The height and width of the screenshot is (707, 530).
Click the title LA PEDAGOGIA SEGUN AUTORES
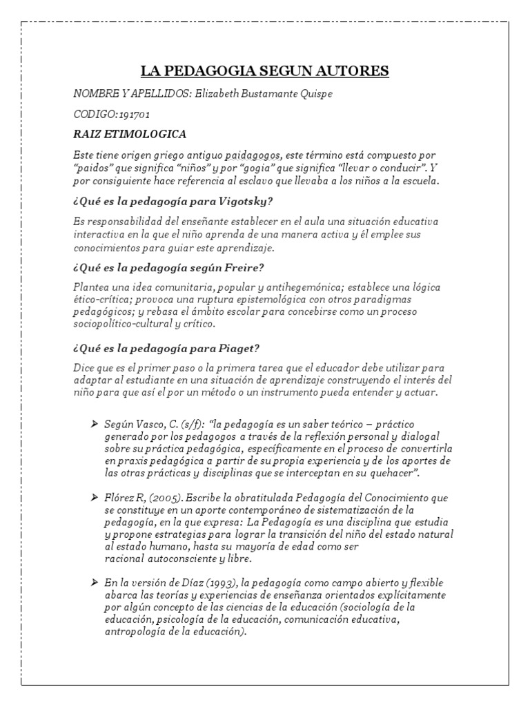point(265,70)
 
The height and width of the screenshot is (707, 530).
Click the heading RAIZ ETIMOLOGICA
point(130,134)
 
